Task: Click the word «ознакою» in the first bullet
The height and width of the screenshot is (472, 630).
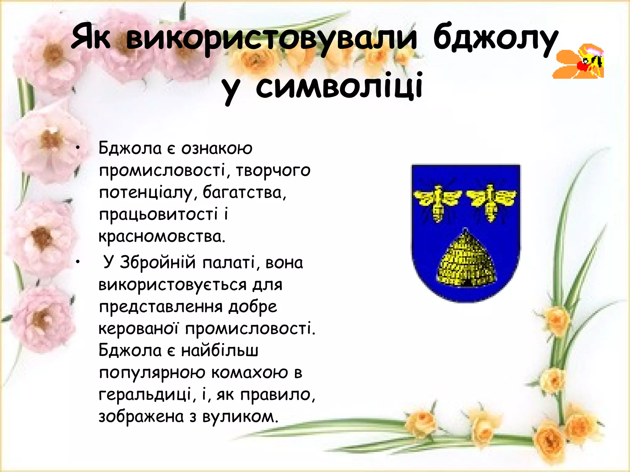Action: (217, 149)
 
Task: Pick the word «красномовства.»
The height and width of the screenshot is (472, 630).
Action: (162, 237)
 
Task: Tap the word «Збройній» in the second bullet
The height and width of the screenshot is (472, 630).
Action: (157, 263)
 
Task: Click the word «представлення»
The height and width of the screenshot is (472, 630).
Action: (160, 307)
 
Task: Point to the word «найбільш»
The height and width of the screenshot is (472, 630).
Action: (220, 351)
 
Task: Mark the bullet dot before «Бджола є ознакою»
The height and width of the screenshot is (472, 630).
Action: (78, 148)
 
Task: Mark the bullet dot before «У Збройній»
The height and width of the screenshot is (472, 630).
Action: (78, 262)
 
